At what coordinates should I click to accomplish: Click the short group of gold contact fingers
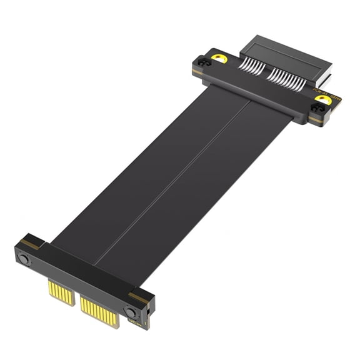coord(61,292)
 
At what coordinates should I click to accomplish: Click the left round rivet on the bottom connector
coord(24,258)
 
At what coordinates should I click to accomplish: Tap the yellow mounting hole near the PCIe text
coord(322,99)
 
